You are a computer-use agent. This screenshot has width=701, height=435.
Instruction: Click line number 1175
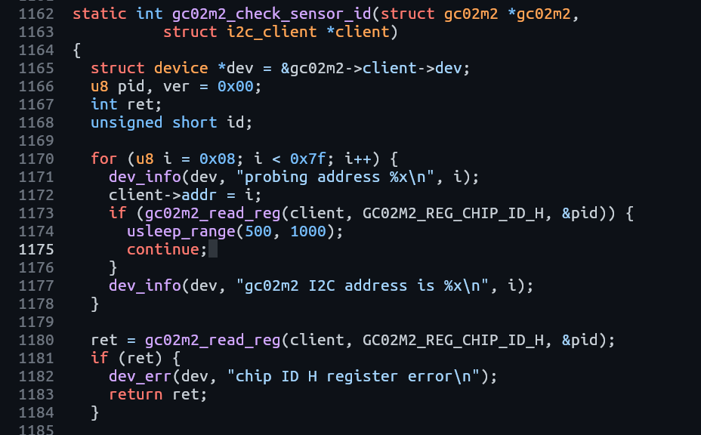tap(36, 249)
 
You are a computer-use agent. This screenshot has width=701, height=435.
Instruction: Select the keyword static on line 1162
tap(99, 14)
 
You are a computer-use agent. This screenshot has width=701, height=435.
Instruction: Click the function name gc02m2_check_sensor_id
tap(271, 14)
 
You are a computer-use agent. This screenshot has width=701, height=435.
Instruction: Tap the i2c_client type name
tap(271, 32)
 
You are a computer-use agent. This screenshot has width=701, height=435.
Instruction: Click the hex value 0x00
tap(235, 86)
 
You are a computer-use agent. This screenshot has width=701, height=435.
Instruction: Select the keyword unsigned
tap(126, 122)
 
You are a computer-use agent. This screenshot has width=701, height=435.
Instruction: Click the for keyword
tap(103, 159)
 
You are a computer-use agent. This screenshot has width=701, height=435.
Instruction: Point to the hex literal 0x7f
tap(307, 159)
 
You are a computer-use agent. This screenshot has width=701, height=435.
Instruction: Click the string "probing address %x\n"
tap(335, 177)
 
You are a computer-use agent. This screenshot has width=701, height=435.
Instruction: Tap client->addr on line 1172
tap(162, 195)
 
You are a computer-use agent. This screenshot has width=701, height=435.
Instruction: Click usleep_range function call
tap(181, 231)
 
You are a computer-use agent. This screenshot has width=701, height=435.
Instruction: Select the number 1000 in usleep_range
tap(307, 231)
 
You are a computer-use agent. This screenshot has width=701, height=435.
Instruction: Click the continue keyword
tap(162, 249)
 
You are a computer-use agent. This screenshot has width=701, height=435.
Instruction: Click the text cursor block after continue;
tap(213, 249)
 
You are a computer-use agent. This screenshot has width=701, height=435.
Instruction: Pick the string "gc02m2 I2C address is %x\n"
tap(362, 285)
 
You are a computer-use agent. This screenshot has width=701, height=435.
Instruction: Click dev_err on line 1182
tap(140, 376)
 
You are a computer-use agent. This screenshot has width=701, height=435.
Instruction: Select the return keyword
tap(135, 394)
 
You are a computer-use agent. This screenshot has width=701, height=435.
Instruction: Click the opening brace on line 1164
tap(77, 50)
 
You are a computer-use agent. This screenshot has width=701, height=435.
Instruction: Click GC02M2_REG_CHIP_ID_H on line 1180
tap(453, 340)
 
